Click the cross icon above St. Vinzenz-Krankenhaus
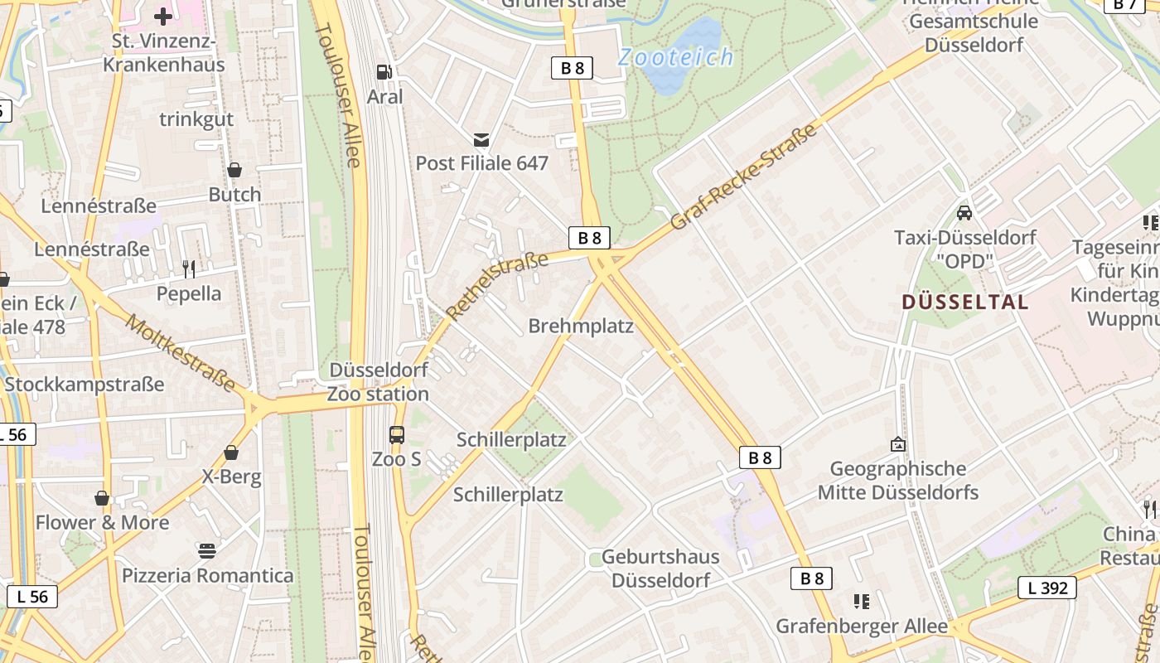click(x=163, y=16)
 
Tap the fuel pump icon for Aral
click(x=384, y=72)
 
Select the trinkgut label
click(x=196, y=119)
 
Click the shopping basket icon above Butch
click(x=234, y=170)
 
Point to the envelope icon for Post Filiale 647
click(x=481, y=139)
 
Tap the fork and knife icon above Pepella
click(x=189, y=269)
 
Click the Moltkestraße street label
click(x=181, y=353)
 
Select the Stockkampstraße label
click(x=85, y=385)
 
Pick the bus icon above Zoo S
click(x=397, y=434)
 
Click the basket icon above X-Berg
click(x=231, y=452)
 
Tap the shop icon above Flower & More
click(x=102, y=498)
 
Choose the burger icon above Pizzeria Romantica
click(x=207, y=550)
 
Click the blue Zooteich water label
click(x=676, y=57)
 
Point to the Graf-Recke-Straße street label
click(x=743, y=176)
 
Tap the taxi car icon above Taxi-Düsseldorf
click(x=964, y=213)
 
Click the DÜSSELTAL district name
click(x=965, y=302)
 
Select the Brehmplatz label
click(x=581, y=326)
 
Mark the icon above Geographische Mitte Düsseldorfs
click(x=897, y=445)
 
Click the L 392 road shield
click(x=1047, y=588)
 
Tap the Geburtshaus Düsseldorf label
click(x=660, y=568)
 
